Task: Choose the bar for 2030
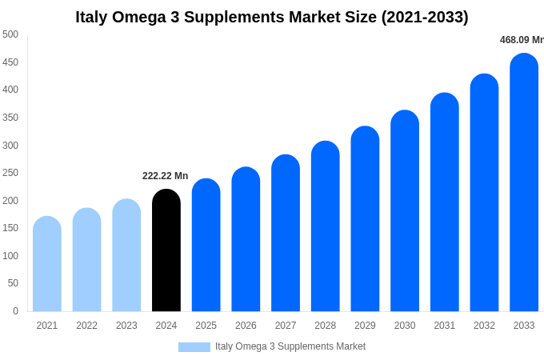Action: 405,211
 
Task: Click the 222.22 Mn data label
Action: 165,176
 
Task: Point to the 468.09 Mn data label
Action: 521,40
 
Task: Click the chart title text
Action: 272,17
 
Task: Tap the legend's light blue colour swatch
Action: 194,347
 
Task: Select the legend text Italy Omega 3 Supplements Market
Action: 290,346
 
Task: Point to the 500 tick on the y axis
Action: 10,34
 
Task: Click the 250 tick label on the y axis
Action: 10,173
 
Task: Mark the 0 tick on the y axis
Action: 15,311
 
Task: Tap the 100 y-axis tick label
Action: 10,256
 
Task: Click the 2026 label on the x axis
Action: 246,326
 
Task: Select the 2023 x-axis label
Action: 126,326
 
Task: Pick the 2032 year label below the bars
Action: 484,326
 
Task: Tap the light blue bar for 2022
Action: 86,260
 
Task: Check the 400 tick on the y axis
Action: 10,90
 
